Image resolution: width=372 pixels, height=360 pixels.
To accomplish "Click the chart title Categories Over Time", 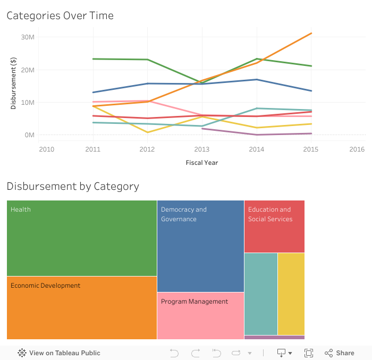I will [60, 16].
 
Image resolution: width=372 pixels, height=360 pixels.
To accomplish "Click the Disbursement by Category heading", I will [73, 186].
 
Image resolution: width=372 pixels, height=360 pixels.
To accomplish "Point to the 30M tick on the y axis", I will [28, 37].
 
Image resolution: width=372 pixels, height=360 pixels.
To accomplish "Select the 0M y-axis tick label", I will [29, 135].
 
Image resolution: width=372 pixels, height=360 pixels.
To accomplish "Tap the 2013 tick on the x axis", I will [201, 149].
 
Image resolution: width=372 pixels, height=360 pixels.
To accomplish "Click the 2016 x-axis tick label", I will [357, 149].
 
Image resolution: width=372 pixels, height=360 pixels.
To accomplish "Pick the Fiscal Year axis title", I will [201, 163].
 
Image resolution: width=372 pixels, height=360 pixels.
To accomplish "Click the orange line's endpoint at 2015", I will [311, 33].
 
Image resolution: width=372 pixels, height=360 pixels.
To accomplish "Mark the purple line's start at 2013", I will [202, 129].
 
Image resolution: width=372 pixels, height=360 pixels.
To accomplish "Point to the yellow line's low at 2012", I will [147, 132].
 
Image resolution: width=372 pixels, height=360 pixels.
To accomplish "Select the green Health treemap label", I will [21, 210].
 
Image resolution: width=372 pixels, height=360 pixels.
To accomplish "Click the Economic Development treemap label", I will [45, 286].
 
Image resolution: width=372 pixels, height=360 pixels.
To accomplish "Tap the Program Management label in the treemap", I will [194, 302].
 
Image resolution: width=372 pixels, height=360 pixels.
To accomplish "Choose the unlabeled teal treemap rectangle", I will [261, 294].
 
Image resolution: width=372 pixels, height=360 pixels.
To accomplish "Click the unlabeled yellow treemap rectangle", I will [291, 294].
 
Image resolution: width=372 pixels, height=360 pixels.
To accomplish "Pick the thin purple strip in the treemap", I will [274, 337].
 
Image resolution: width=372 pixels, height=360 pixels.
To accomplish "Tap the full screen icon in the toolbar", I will [309, 353].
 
